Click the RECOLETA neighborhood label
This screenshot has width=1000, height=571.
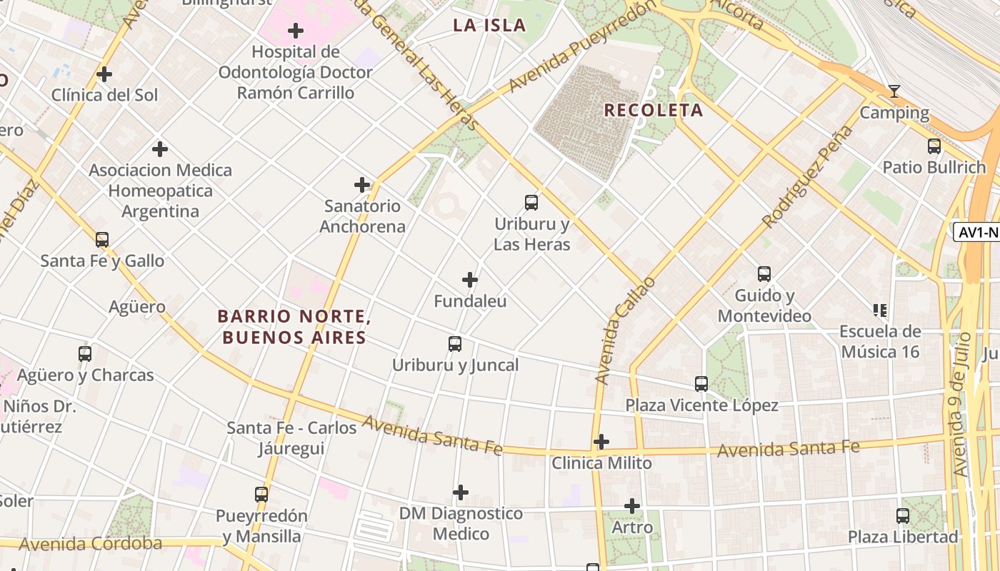point(654,111)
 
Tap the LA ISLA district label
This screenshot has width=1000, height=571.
point(489,26)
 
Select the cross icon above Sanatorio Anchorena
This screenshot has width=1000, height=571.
point(362,185)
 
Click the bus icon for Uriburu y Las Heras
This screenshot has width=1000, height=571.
point(531,203)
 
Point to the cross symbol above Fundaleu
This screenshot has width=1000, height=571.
point(470,280)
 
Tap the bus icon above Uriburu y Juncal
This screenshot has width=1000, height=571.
point(455,344)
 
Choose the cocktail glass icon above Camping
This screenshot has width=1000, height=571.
point(894,91)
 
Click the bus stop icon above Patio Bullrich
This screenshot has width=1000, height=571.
point(934,146)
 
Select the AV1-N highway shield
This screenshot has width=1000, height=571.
point(976,232)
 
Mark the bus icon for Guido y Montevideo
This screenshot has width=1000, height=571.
point(764,274)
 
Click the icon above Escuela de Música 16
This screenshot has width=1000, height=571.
point(880,310)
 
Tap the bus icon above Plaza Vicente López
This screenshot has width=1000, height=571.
point(701,384)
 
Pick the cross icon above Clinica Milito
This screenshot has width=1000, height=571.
point(601,442)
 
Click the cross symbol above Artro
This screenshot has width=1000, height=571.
point(632,506)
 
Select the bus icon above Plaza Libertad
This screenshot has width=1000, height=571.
point(903,515)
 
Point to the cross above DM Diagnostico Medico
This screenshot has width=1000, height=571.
point(461,492)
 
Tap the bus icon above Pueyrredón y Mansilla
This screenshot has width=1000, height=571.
point(261,494)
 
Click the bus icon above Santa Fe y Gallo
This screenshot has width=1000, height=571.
point(102,240)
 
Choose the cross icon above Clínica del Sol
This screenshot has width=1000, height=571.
point(104,74)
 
